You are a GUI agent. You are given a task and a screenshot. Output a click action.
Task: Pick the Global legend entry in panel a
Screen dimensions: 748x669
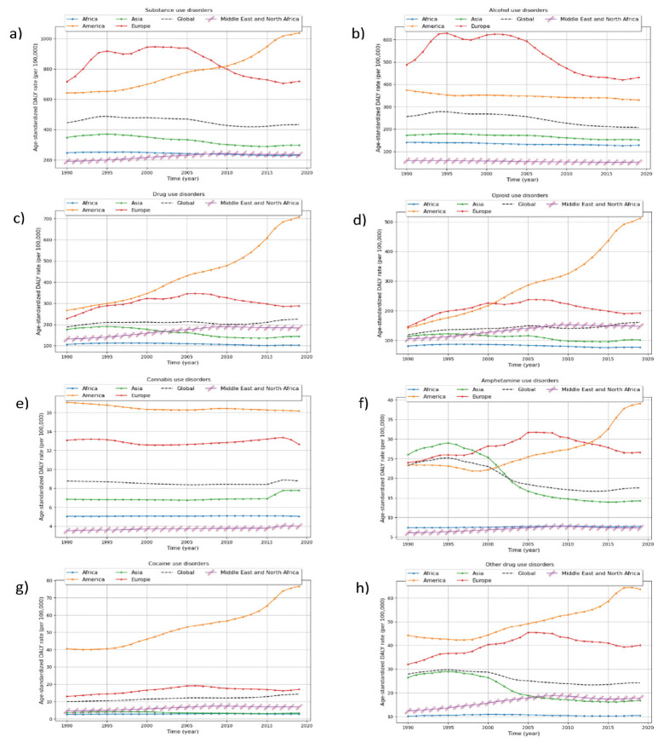pos(180,18)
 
